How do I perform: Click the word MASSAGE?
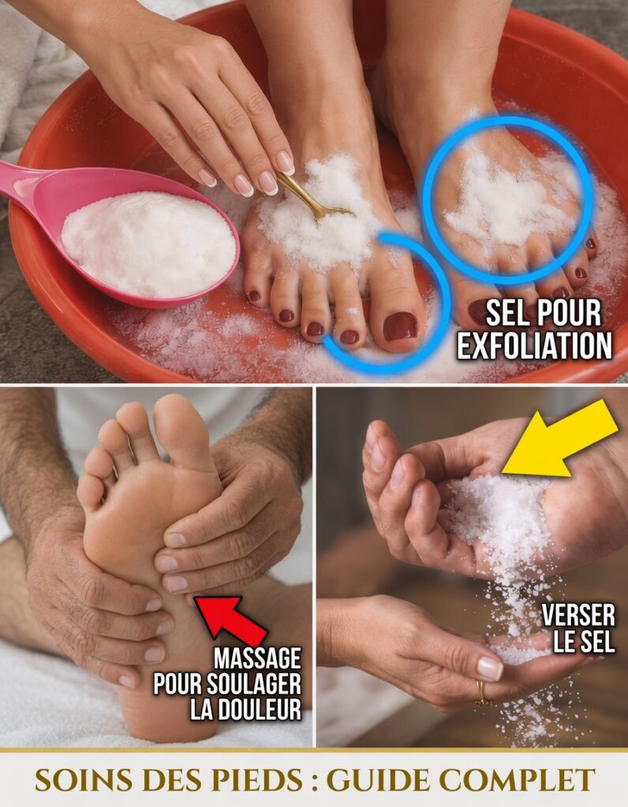[257, 658]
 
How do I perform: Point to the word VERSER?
[578, 616]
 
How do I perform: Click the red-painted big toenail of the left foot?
[400, 325]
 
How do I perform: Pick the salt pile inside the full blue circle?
[507, 198]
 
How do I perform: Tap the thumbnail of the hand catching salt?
[489, 668]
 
